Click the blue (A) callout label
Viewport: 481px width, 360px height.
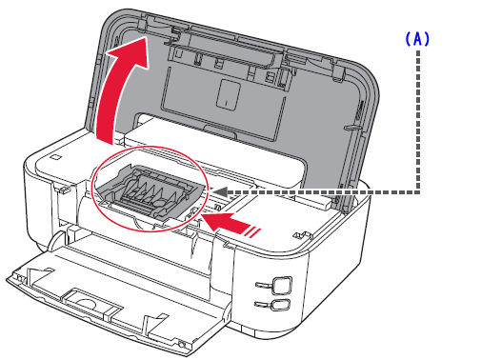coord(419,39)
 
